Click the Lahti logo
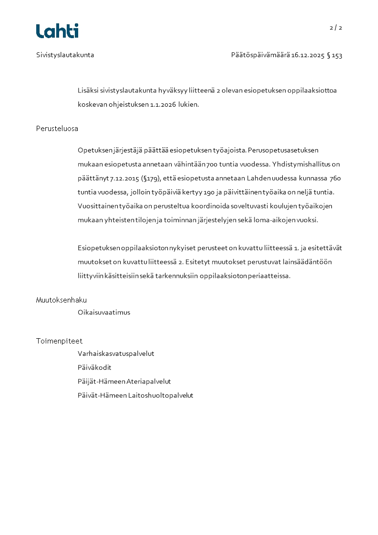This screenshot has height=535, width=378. (x=57, y=31)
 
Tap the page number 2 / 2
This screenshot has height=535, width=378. (x=336, y=28)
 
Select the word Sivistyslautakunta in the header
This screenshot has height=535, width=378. (x=65, y=55)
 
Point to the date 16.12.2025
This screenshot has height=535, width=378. (x=308, y=55)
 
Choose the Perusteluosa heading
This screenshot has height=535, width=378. (x=57, y=129)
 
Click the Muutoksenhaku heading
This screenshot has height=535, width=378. (x=61, y=300)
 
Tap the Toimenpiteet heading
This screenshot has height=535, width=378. (x=59, y=341)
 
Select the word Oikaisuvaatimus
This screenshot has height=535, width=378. (x=104, y=313)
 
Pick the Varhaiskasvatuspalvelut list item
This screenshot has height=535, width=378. (x=116, y=354)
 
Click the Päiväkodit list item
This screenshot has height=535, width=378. (x=94, y=368)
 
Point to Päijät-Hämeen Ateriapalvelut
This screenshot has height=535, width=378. (x=124, y=382)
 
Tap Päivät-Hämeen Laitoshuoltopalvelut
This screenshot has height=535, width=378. (x=135, y=395)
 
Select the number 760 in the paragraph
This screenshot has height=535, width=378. (x=335, y=178)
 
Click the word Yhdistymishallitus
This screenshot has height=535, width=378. (x=302, y=164)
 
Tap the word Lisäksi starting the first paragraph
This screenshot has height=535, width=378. (x=88, y=91)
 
